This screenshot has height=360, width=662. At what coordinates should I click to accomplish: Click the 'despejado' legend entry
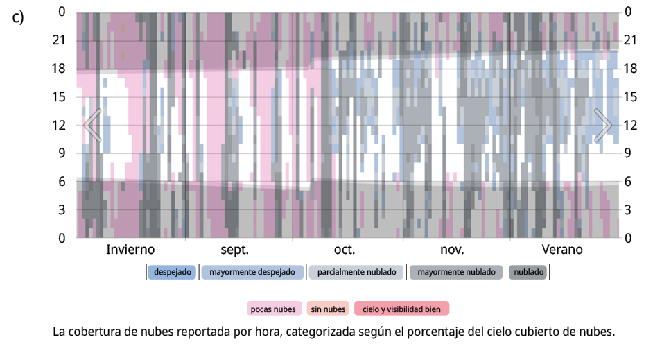click(x=172, y=272)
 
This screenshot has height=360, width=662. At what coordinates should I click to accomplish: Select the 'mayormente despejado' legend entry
click(x=252, y=272)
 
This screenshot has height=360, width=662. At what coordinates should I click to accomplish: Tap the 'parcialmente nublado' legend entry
click(x=356, y=272)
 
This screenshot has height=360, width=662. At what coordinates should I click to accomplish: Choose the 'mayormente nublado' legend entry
click(x=456, y=272)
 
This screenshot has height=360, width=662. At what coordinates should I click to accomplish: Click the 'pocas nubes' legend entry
click(x=274, y=309)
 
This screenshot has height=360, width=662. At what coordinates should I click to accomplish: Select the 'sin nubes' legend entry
click(x=328, y=309)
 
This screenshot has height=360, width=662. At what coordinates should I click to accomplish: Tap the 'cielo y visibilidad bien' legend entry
click(x=401, y=309)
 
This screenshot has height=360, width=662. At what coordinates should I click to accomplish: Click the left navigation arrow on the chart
click(x=93, y=126)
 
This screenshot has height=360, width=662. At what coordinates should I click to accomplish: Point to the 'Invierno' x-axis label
click(x=130, y=250)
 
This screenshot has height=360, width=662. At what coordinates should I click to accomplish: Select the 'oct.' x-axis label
click(x=345, y=250)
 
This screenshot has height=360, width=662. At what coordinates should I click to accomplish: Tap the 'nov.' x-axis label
click(x=452, y=250)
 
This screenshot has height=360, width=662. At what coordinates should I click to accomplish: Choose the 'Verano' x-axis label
click(x=562, y=250)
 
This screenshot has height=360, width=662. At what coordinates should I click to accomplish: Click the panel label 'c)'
click(x=19, y=17)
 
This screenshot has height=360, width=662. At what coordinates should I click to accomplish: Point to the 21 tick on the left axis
click(x=60, y=40)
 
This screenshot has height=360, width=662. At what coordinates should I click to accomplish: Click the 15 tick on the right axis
click(x=631, y=97)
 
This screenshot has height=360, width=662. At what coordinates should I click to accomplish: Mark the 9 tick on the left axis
click(x=62, y=153)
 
